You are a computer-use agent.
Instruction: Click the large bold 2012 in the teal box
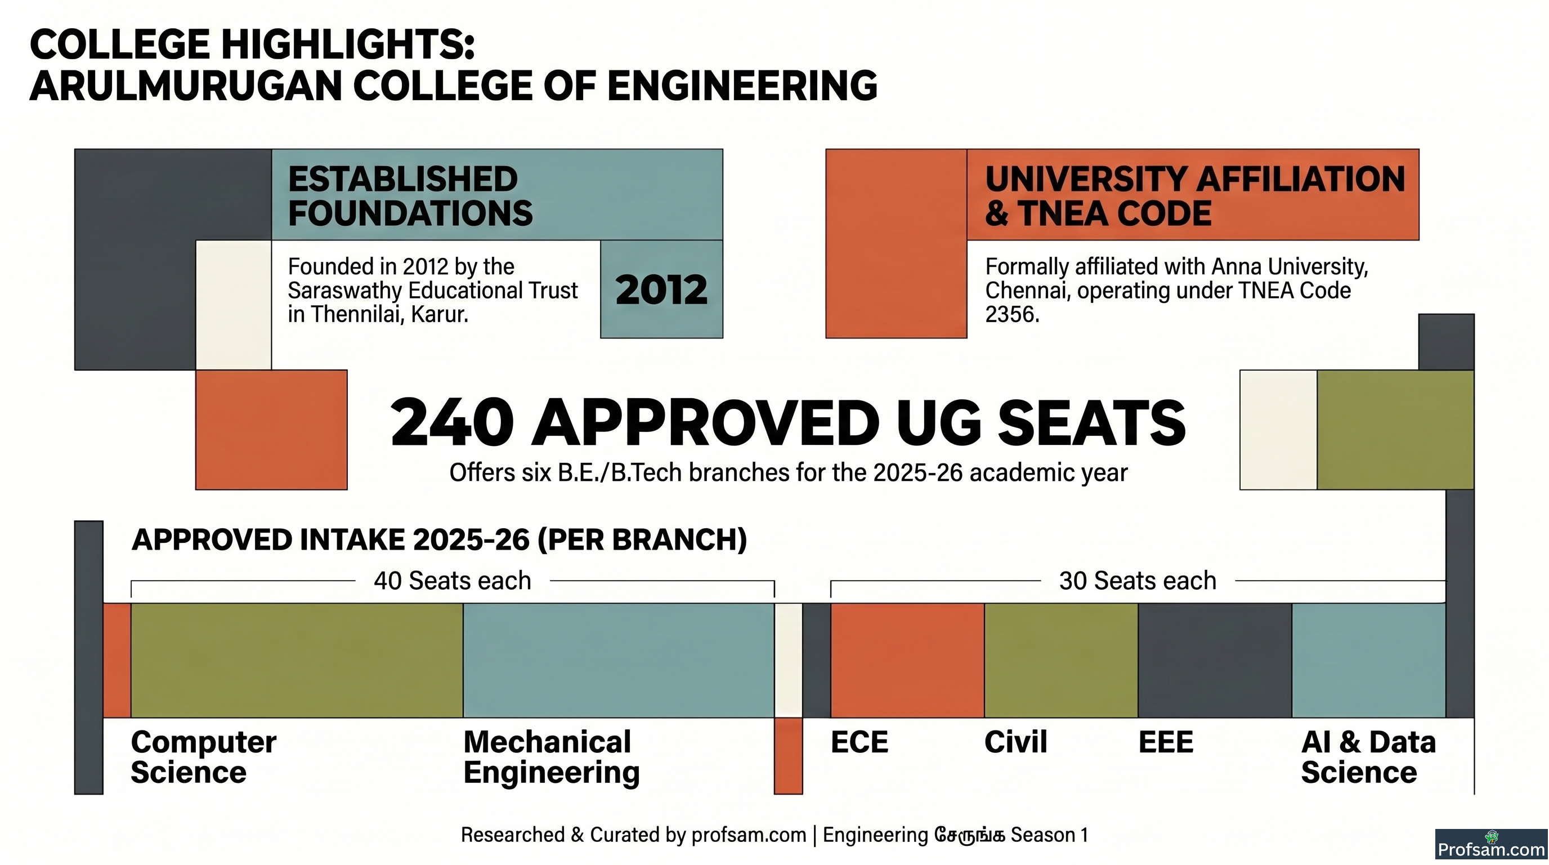(661, 290)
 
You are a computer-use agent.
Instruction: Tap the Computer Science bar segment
(297, 660)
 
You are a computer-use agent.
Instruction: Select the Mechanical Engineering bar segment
(619, 660)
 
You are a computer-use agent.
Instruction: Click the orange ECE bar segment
(907, 660)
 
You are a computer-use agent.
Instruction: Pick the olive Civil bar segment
(1062, 660)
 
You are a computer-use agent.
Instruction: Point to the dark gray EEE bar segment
(1215, 660)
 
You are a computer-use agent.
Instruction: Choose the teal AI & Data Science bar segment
(1369, 660)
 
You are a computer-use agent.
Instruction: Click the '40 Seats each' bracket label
(453, 581)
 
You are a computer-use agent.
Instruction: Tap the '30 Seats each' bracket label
(1138, 581)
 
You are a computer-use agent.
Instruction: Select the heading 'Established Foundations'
(410, 196)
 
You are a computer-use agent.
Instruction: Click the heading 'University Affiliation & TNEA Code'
(1196, 196)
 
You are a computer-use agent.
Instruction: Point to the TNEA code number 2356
(1012, 315)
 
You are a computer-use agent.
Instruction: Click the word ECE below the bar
(859, 742)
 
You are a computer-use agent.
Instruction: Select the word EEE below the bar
(1166, 742)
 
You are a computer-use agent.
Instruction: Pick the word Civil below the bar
(1015, 742)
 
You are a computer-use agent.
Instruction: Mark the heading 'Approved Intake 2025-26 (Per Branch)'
(439, 539)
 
